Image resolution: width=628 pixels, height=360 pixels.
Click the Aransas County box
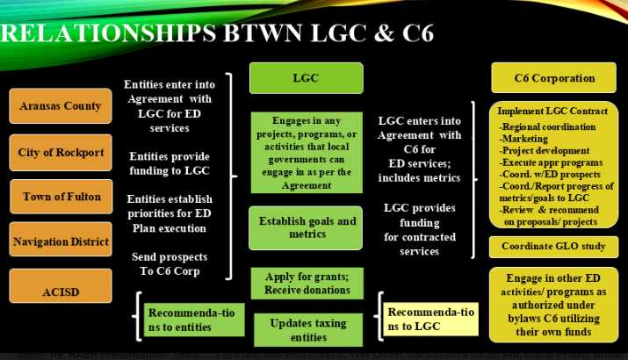pos(61,106)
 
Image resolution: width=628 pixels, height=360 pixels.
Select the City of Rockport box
pos(61,152)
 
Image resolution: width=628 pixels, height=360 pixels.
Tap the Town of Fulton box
pos(61,197)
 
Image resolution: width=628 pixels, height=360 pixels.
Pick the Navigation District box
pos(61,241)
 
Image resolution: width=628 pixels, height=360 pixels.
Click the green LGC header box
pos(306,78)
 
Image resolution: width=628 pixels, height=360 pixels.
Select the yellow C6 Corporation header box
pos(554,78)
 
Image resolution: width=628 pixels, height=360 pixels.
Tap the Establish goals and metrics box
pos(306,228)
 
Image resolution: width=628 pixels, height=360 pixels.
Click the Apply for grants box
pos(306,284)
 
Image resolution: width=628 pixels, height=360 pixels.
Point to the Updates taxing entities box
pos(306,328)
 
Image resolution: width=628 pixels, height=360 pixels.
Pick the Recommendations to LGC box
pos(429,320)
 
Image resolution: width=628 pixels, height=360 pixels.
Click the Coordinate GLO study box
pos(553,247)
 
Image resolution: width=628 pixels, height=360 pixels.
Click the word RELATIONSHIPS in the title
pos(105,33)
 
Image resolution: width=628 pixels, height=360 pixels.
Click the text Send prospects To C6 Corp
pos(170,263)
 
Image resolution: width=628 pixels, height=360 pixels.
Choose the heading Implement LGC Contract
pos(552,112)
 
